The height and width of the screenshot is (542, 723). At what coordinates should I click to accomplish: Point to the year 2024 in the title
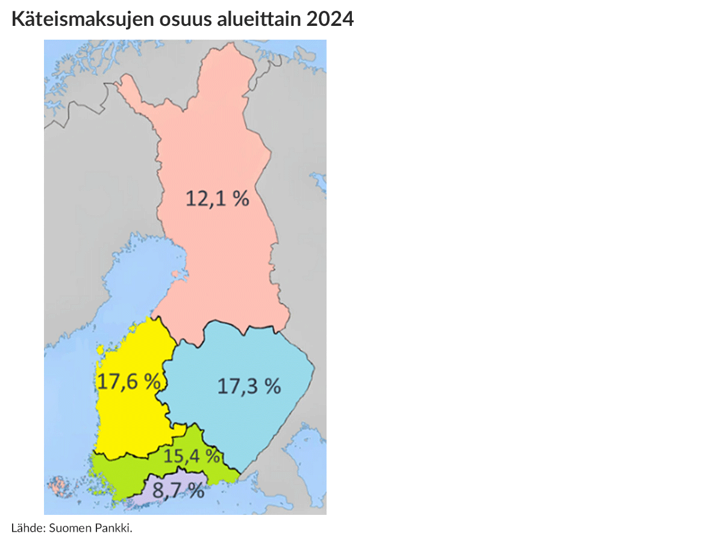click(330, 20)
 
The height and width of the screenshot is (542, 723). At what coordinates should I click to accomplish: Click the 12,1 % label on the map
click(217, 198)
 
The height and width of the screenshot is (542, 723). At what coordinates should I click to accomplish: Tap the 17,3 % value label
click(249, 386)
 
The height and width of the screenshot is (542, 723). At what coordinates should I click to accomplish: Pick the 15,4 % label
click(192, 456)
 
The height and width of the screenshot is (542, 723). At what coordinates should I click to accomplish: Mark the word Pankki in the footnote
click(113, 528)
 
